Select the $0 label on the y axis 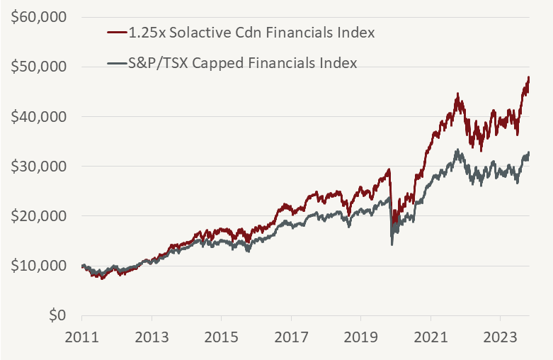(57, 315)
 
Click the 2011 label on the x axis (82, 338)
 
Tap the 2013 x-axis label (152, 338)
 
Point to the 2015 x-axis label (221, 338)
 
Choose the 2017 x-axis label (291, 338)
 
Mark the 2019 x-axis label (360, 338)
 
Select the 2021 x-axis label (430, 338)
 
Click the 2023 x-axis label (500, 338)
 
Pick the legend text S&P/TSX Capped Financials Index (242, 62)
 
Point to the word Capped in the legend (219, 63)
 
